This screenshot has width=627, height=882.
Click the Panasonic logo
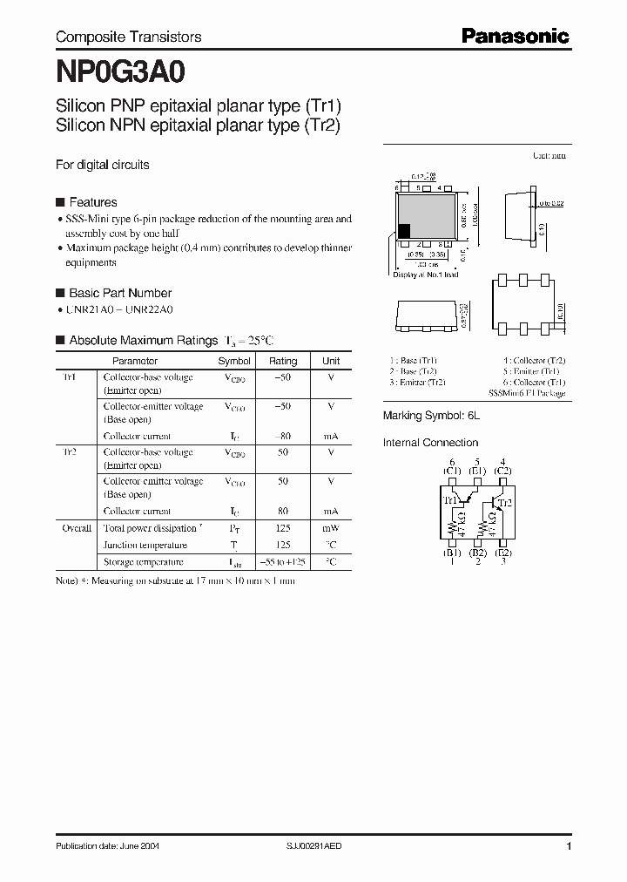pos(515,36)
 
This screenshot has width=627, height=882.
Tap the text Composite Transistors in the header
pos(128,37)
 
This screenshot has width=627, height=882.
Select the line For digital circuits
pos(102,164)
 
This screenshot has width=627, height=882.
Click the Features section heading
pos(92,202)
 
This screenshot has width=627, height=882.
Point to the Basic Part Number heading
pos(120,293)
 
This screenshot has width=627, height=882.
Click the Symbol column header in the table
pos(234,361)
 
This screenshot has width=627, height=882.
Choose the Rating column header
pos(283,361)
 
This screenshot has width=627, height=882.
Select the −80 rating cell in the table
pos(283,436)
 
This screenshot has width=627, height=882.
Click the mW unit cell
pos(331,528)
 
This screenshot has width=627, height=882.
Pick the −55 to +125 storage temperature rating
pos(283,562)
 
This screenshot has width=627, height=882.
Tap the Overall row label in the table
pos(77,528)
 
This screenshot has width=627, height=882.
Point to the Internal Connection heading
pos(430,443)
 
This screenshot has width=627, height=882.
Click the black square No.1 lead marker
pos(404,231)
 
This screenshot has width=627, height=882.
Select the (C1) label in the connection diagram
pos(452,472)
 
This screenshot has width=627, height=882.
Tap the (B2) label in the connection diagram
pos(477,553)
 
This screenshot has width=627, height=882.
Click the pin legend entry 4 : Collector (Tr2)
pos(534,360)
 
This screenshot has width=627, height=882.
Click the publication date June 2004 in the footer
pos(107,846)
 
